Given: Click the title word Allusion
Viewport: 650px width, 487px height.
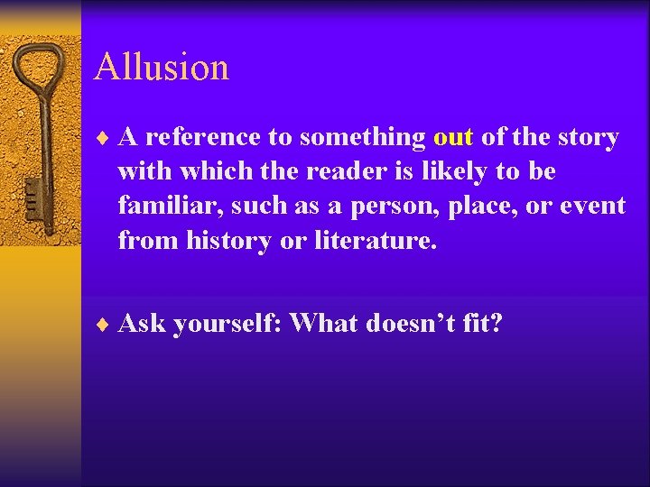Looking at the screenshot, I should pos(161,68).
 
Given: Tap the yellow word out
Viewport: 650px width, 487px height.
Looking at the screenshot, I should pos(453,138).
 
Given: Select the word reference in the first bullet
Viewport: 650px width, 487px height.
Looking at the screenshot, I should pos(204,138).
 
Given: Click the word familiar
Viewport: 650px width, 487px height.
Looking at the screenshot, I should pos(170,207).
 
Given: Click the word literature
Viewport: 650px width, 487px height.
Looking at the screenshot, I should pos(380,241).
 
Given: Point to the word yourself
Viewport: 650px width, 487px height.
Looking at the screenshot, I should pos(226,323).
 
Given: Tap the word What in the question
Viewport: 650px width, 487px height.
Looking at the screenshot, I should pos(324,322).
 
